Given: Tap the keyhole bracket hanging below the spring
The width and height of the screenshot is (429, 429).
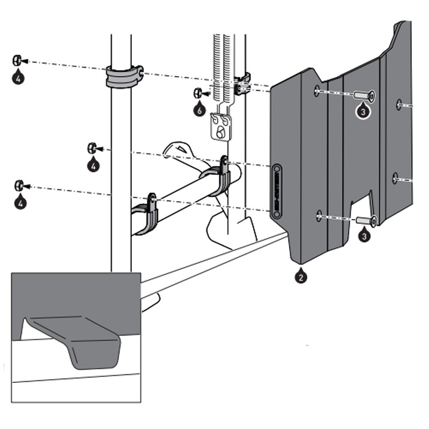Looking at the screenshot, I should click(220, 128).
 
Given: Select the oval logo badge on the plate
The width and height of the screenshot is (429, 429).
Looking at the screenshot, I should click(277, 191).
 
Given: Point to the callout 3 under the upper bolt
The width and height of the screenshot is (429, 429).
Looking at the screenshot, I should click(363, 112).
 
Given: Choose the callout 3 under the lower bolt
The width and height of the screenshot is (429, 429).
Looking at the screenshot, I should click(364, 234).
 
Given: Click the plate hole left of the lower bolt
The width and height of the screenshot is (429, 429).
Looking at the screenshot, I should click(319, 216).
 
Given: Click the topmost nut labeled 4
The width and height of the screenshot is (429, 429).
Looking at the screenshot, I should click(17, 59).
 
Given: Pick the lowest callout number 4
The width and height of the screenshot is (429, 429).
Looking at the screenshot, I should click(20, 204).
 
